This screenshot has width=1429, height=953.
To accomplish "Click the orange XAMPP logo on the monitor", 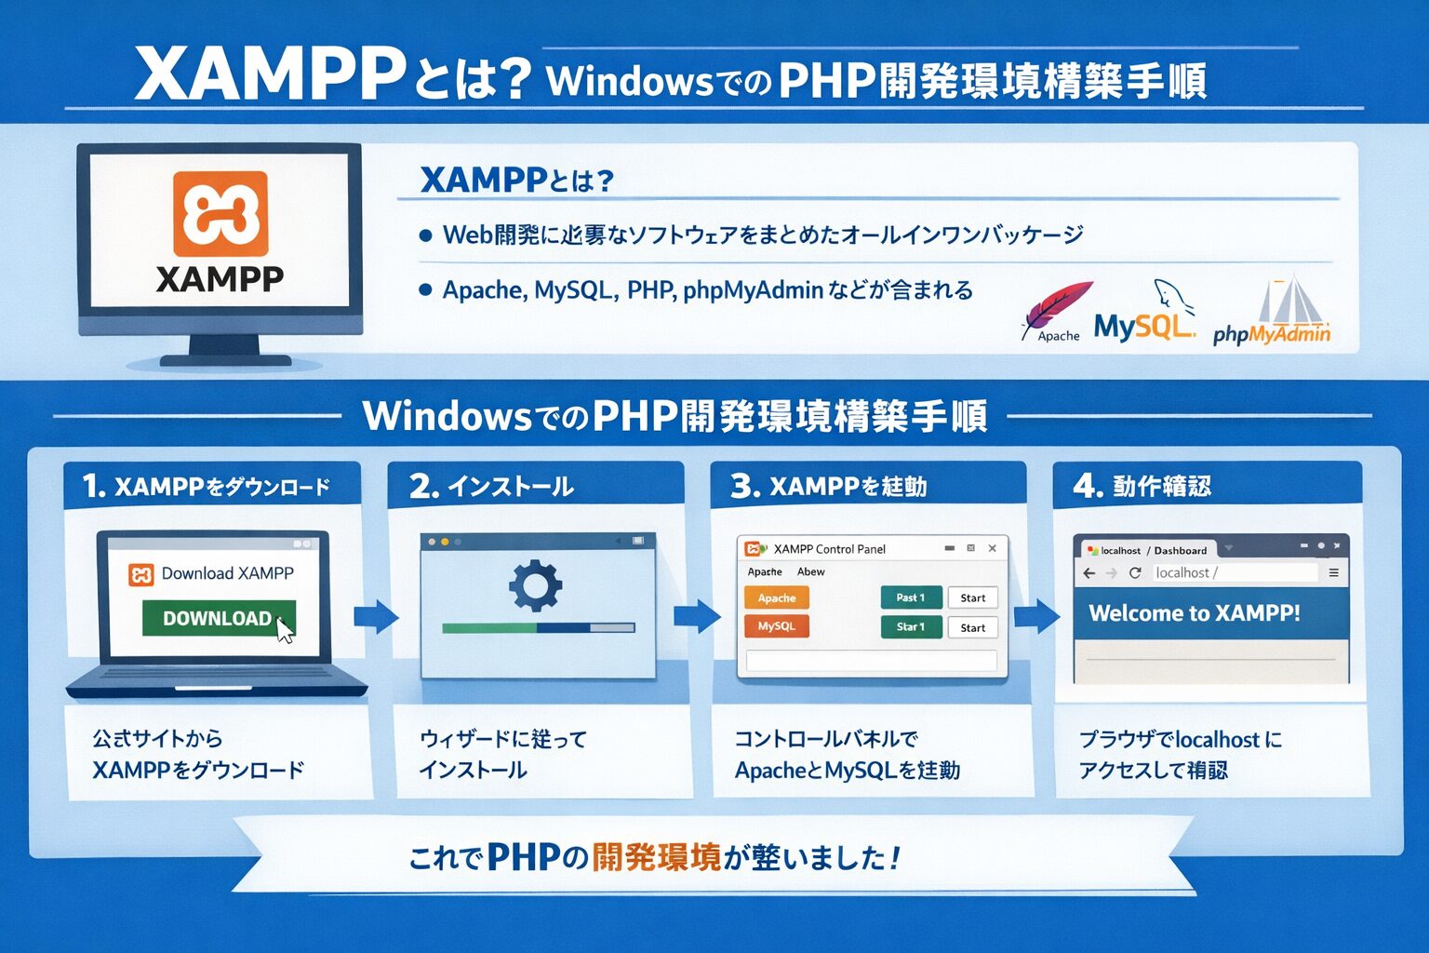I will (x=220, y=213).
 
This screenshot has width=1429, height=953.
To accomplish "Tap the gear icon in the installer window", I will (x=535, y=586).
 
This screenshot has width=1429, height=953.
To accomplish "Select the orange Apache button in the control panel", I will (x=777, y=597).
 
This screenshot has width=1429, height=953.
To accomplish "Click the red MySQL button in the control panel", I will (x=777, y=626).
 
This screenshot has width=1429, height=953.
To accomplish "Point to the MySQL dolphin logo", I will (x=1172, y=298).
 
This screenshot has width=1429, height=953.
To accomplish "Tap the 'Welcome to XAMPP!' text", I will (x=1195, y=613).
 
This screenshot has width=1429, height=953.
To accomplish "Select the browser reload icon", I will (x=1135, y=572).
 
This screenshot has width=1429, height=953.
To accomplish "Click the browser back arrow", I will (x=1089, y=572).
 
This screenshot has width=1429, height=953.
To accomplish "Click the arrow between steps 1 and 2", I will (x=376, y=615).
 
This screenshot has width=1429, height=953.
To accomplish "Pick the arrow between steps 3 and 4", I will (x=1036, y=615).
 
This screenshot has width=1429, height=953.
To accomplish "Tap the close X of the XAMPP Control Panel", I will (x=993, y=548).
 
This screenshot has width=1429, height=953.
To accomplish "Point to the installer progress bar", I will (x=538, y=628).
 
